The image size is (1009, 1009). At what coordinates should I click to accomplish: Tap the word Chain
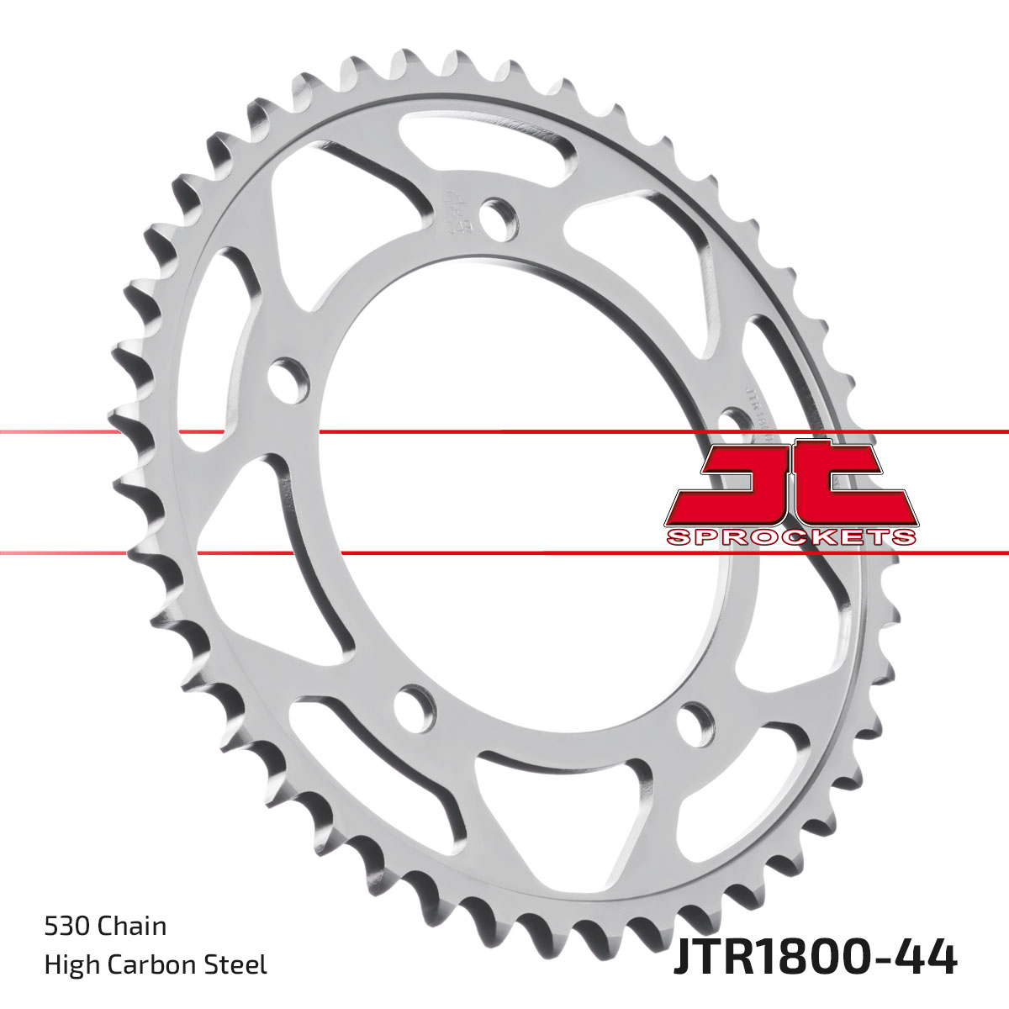[x=132, y=927]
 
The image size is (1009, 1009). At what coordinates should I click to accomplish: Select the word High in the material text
[x=68, y=964]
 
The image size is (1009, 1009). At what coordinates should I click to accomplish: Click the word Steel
[x=239, y=964]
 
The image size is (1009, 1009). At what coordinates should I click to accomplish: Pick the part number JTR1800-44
[x=814, y=959]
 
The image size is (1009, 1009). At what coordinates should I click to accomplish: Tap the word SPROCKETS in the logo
[x=790, y=537]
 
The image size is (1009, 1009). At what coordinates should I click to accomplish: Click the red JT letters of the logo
[x=790, y=483]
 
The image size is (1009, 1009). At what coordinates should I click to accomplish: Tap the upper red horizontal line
[x=504, y=432]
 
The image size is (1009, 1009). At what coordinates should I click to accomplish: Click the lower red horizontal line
[x=504, y=553]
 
